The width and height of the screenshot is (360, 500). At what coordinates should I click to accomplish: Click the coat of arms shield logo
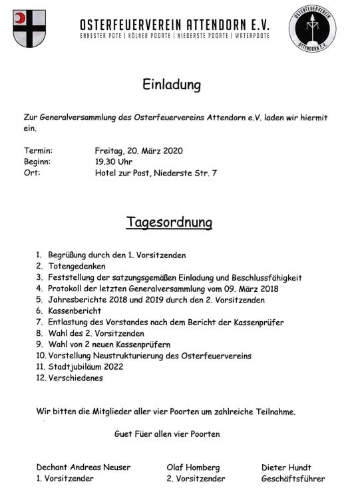click(29, 29)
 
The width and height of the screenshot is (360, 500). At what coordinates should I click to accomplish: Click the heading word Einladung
click(171, 85)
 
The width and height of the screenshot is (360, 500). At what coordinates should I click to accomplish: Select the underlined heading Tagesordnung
click(169, 222)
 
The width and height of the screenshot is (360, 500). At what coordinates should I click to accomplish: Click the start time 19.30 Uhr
click(114, 162)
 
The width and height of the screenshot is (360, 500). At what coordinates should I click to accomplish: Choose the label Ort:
click(32, 173)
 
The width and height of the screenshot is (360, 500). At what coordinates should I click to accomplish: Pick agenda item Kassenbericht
click(75, 311)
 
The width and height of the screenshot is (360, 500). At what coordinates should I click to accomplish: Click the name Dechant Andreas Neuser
click(83, 467)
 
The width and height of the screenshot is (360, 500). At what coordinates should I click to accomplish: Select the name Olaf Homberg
click(193, 467)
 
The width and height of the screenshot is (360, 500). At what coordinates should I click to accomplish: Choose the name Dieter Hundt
click(286, 467)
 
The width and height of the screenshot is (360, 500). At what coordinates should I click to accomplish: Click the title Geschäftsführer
click(293, 479)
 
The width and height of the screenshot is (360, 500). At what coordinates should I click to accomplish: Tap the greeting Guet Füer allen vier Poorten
click(167, 434)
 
